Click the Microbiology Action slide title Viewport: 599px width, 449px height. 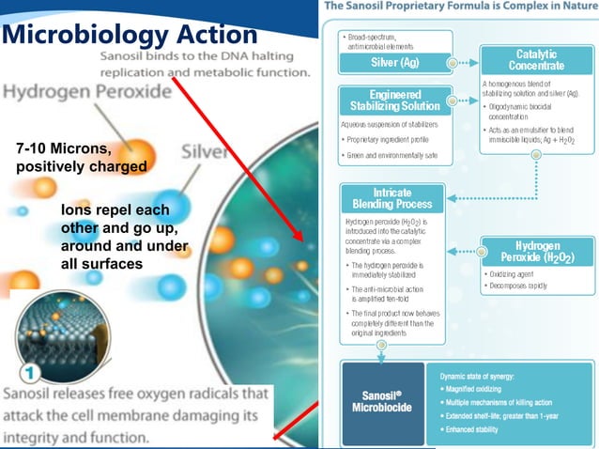[x=130, y=35]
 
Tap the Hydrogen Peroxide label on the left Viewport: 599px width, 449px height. [x=86, y=93]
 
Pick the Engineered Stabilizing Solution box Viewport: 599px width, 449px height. [x=394, y=101]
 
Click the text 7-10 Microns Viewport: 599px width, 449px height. [x=63, y=149]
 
